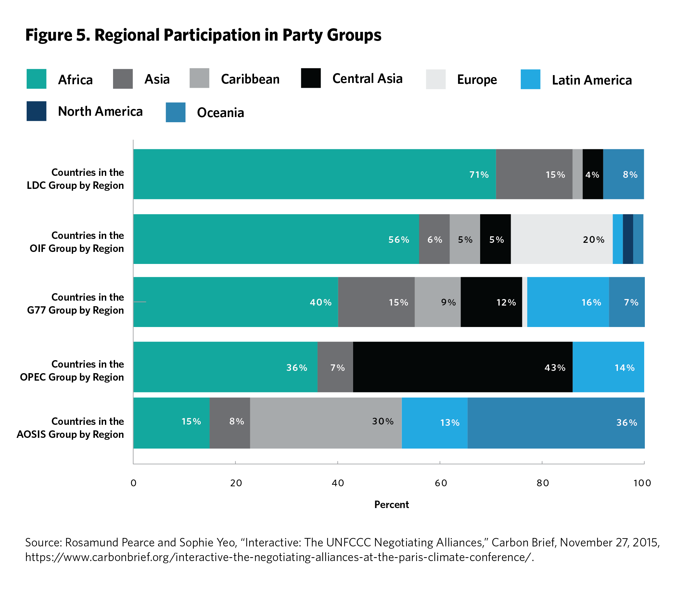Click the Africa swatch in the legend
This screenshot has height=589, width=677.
pos(36,79)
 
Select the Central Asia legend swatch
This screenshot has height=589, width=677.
pos(311,78)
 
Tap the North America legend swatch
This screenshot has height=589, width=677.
pos(36,111)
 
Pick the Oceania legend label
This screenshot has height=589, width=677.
pos(220,113)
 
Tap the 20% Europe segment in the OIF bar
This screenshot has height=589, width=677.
pos(561,239)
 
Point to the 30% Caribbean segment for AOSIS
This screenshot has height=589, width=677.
pos(326,423)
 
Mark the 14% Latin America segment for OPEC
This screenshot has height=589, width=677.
pos(608,367)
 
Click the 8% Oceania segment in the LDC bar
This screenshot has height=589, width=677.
pos(623,174)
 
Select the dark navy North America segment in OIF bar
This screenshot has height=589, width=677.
pos(628,239)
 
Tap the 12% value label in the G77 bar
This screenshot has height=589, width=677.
pos(506,302)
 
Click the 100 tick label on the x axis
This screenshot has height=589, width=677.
pos(642,483)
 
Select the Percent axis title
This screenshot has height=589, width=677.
pos(391,504)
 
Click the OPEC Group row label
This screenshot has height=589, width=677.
pos(72,371)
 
